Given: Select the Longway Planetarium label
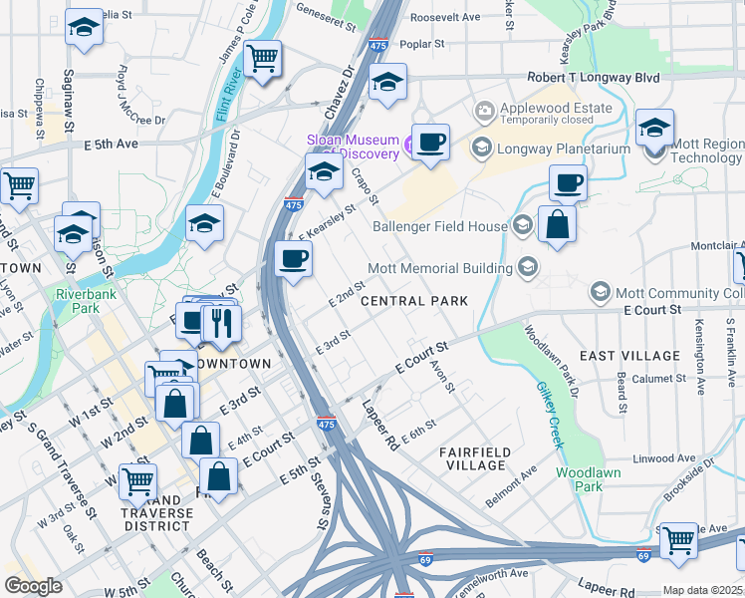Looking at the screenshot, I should tap(565, 149).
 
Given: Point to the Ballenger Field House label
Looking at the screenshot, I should tap(439, 226).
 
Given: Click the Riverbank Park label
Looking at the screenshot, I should tap(79, 301).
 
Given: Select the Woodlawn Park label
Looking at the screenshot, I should tap(579, 478).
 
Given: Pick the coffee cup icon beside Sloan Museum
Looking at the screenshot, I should tap(430, 143).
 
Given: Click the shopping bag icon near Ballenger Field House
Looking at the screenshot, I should tap(557, 225).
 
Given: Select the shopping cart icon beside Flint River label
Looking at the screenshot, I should tap(263, 59).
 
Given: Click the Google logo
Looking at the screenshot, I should tap(34, 585).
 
